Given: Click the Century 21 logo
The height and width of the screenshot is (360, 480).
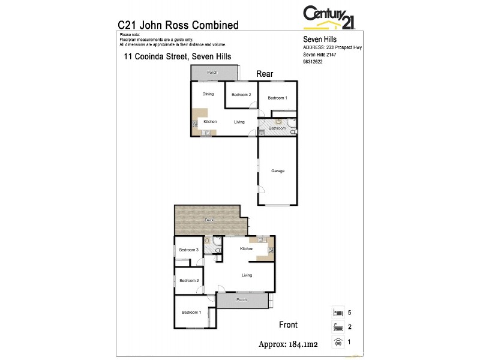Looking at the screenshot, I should click(329, 16).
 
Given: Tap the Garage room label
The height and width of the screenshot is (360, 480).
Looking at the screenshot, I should click(277, 171).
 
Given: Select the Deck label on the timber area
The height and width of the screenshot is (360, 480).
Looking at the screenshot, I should click(209, 220).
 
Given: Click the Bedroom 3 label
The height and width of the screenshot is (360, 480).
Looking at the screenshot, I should click(190, 250).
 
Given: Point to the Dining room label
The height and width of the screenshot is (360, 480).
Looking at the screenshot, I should click(208, 94).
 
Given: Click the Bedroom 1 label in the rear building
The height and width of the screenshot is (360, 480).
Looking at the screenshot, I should click(277, 98).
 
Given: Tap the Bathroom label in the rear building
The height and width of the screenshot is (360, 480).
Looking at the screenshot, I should click(277, 128).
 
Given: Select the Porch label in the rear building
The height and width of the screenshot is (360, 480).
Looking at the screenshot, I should click(212, 73).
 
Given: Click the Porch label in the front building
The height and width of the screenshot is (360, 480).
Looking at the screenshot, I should click(241, 299).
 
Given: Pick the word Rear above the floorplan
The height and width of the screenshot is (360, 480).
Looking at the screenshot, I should click(265, 74).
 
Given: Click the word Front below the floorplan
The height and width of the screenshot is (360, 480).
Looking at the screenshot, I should click(288, 325).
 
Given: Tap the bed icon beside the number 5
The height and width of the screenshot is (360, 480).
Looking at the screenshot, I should click(338, 313).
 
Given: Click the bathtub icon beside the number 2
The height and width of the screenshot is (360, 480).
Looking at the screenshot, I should click(338, 327).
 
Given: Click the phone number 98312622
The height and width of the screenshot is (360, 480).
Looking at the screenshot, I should click(313, 61).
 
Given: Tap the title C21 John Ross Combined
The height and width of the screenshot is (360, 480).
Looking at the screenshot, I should click(178, 25).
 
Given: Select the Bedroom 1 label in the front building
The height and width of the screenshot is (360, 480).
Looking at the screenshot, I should click(191, 312).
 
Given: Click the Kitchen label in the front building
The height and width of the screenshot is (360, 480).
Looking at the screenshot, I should click(247, 248).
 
